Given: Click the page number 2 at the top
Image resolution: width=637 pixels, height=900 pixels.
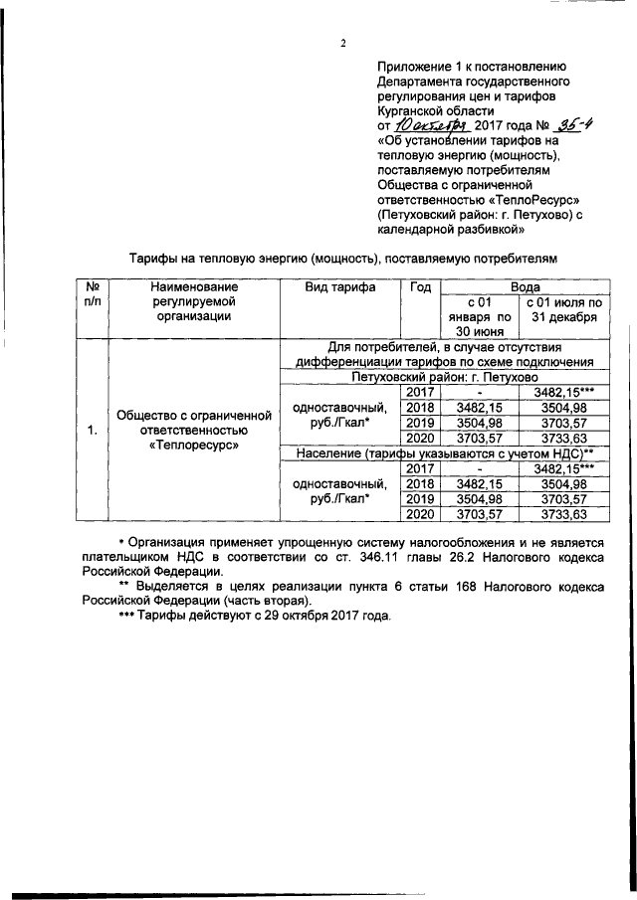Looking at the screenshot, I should (x=341, y=43).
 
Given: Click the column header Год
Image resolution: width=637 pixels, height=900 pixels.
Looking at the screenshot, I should (x=420, y=286).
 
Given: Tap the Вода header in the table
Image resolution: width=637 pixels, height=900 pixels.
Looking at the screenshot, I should (x=526, y=284).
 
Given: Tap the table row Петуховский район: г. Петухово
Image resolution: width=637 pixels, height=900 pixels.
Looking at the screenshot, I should (x=444, y=377).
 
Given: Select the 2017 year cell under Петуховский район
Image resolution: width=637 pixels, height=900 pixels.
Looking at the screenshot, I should (x=421, y=392).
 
